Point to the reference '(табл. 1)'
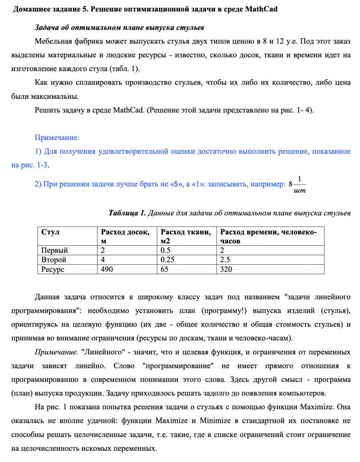123,68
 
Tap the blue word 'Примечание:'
57,138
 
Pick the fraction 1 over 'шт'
299,184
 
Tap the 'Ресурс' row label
53,268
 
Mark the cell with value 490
108,268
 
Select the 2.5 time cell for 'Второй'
226,260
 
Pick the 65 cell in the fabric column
164,268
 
